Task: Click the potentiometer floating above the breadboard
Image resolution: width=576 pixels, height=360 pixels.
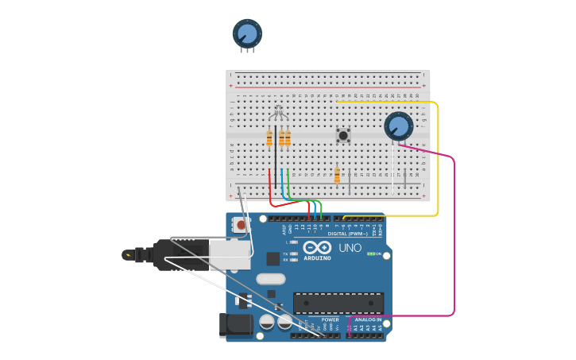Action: tap(247, 33)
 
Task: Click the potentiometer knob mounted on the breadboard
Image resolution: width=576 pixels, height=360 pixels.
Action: tap(398, 126)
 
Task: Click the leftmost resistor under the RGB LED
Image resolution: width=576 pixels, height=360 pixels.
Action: tap(269, 139)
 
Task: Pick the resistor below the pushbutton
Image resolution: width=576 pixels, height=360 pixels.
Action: tap(337, 176)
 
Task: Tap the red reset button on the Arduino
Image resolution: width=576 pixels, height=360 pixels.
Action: tap(241, 226)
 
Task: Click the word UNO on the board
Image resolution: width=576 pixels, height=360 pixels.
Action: tap(350, 248)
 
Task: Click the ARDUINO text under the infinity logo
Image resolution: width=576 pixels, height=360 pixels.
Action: tap(317, 257)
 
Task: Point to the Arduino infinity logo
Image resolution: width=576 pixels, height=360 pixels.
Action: tap(317, 247)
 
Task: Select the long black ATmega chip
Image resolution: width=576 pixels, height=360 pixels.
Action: tap(338, 303)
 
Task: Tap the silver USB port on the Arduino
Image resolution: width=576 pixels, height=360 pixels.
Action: tap(230, 255)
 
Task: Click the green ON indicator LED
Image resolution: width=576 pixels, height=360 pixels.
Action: tap(370, 254)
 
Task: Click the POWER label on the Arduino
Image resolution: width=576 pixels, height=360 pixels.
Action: tap(307, 320)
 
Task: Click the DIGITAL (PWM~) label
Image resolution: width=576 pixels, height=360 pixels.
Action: tap(348, 234)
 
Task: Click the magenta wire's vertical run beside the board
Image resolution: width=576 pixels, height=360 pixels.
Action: tap(454, 238)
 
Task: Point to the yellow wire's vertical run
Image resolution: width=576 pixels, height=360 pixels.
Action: tap(438, 159)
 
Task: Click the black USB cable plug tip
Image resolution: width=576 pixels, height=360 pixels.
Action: tap(128, 255)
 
